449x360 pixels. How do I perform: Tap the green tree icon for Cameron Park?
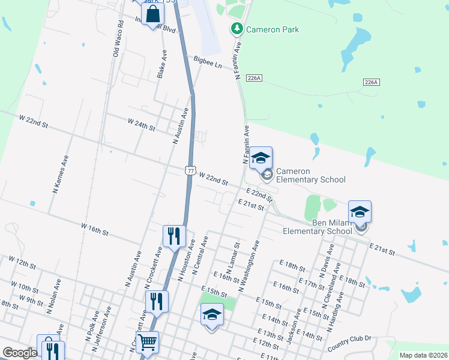click(x=237, y=28)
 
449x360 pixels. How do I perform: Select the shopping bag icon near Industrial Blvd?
click(x=152, y=14)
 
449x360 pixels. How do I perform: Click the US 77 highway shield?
click(x=190, y=171)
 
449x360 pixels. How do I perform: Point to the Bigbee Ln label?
click(x=207, y=61)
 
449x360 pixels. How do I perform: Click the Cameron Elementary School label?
click(x=310, y=175)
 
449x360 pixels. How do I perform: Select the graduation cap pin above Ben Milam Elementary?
click(x=360, y=212)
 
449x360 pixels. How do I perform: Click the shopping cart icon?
click(x=146, y=343)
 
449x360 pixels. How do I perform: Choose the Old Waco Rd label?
click(x=118, y=40)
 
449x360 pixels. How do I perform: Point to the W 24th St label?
click(x=142, y=124)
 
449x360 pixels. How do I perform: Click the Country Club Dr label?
click(x=350, y=343)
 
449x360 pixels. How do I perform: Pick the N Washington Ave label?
click(x=249, y=266)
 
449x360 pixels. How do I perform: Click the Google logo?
click(x=20, y=353)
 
